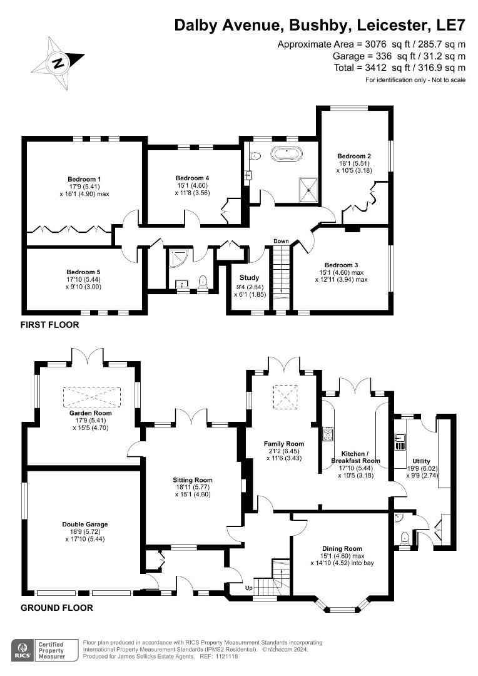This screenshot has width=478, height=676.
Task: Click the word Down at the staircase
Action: (x=281, y=241)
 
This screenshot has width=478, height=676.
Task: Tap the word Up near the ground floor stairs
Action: (x=248, y=588)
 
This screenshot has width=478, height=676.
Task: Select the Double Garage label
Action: (x=85, y=524)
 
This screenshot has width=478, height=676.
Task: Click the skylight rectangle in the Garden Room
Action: (x=92, y=397)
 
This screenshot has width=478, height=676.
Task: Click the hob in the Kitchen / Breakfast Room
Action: (x=327, y=434)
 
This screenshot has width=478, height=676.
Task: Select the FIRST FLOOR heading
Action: (x=50, y=325)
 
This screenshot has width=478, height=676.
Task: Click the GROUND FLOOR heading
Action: (x=57, y=608)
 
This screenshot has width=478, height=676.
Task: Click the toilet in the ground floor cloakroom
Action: (x=404, y=536)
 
